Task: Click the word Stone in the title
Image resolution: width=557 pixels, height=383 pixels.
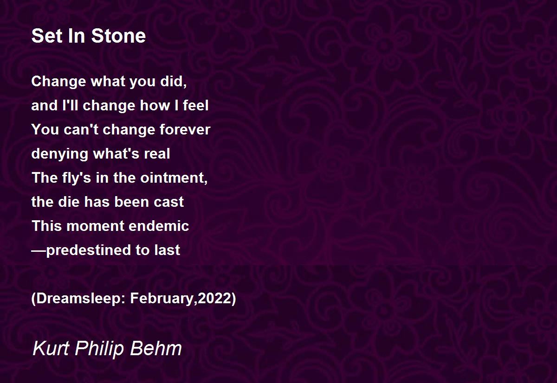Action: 118,36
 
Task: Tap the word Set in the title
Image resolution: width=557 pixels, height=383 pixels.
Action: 46,36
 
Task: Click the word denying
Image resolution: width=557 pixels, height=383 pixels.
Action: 60,154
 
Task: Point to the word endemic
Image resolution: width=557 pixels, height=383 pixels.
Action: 159,226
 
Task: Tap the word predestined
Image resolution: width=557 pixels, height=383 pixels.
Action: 89,250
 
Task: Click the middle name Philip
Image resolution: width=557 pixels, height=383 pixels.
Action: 99,349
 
